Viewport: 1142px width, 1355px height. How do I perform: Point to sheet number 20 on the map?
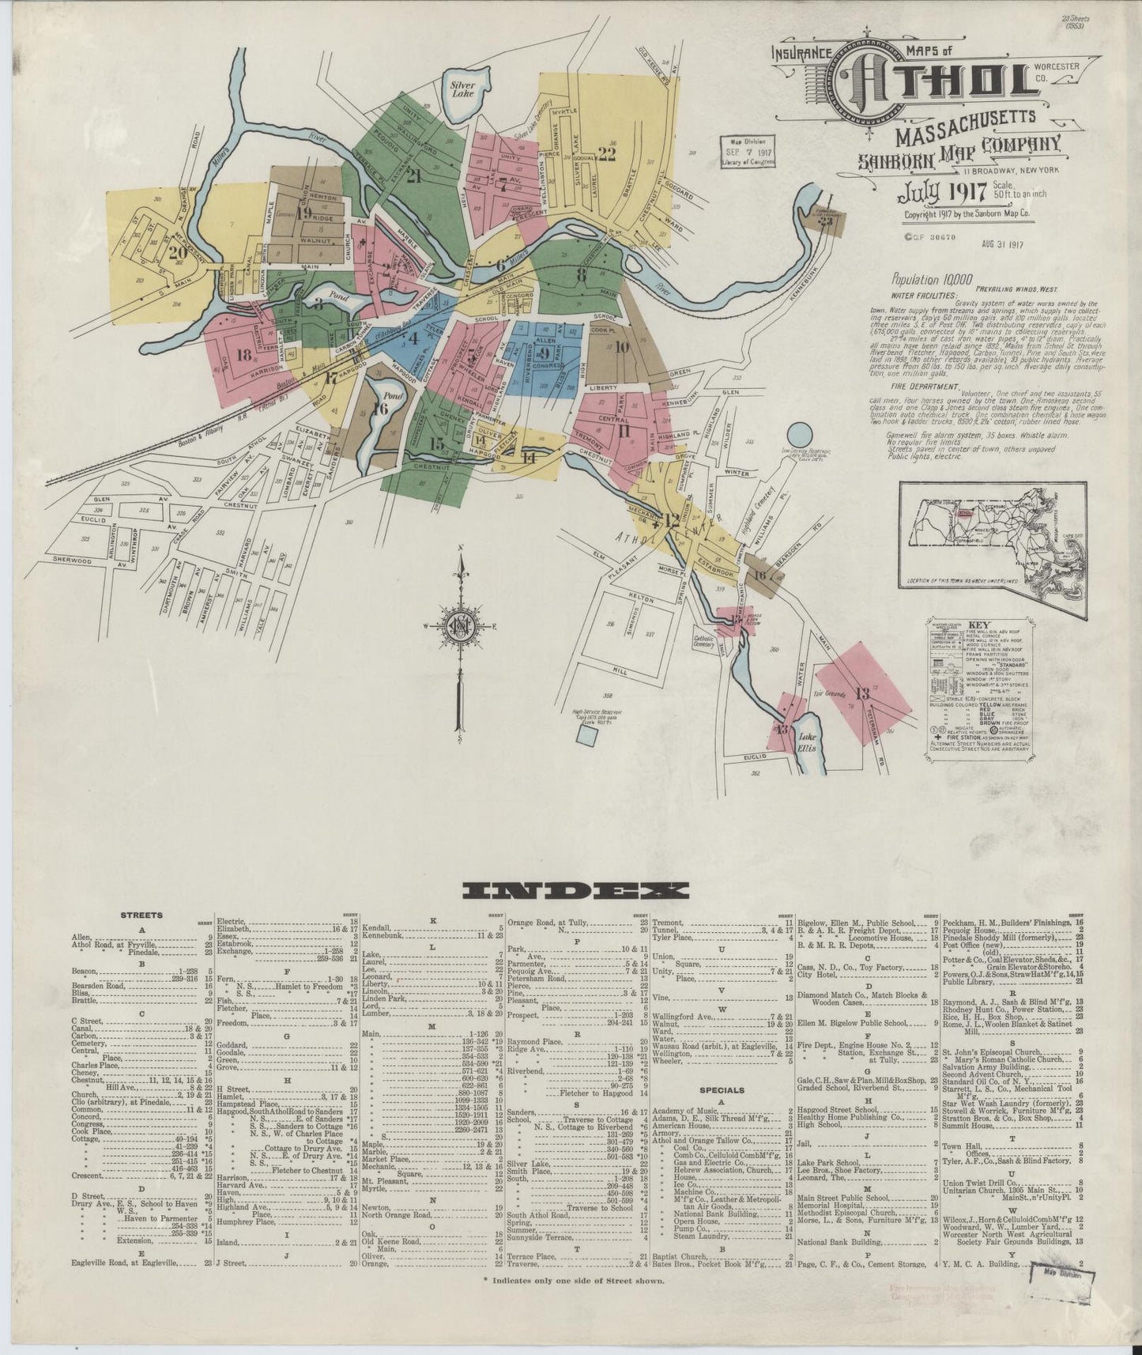(x=175, y=253)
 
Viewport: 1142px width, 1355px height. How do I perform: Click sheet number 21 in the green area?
(x=413, y=176)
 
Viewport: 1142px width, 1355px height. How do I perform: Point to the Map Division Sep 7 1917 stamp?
(x=747, y=150)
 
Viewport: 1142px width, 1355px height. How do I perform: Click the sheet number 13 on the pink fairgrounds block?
(x=861, y=694)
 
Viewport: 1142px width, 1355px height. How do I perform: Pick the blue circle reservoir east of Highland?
(x=799, y=434)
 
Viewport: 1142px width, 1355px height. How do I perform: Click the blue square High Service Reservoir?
(x=586, y=734)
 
